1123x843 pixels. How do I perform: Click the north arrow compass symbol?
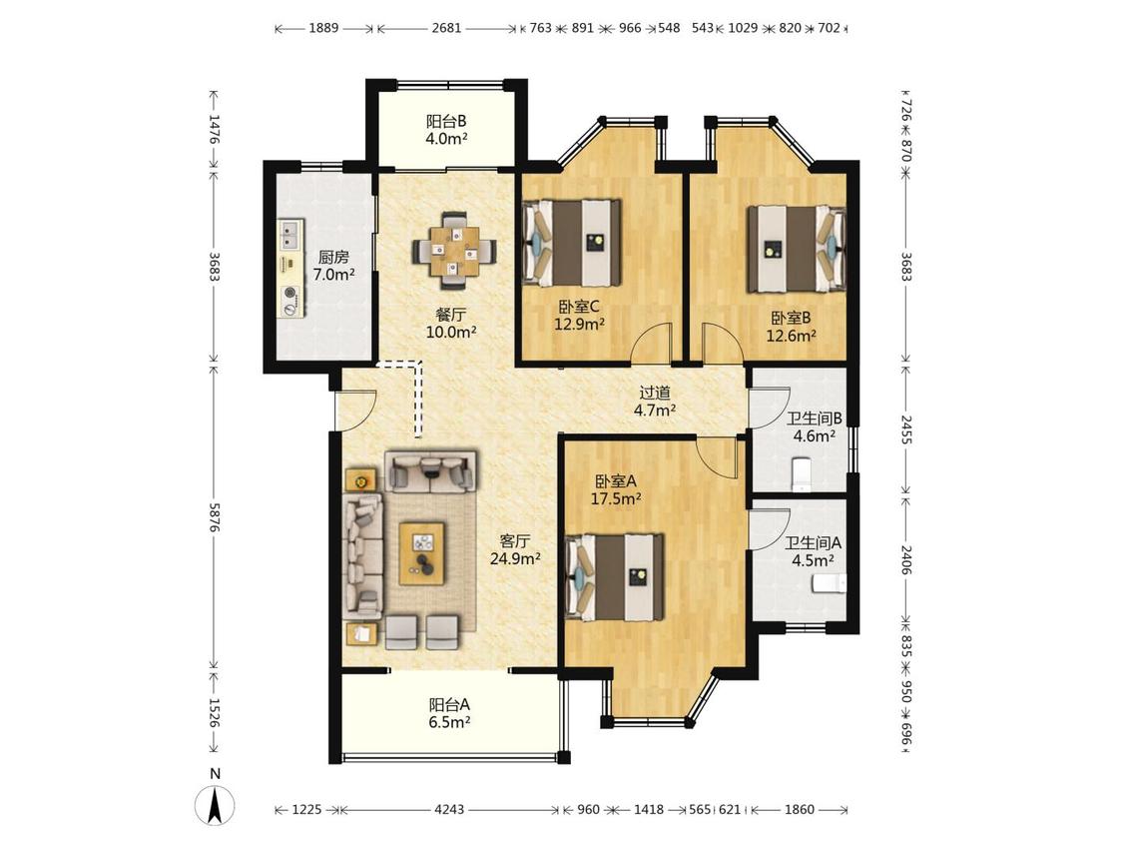pos(216,805)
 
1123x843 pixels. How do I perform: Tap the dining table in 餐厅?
pos(453,251)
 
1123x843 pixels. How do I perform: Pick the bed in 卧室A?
pos(615,577)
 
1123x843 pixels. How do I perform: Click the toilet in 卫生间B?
pos(803,474)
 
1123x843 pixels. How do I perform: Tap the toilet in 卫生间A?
pos(829,583)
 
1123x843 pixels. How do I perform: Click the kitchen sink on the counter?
pos(290,231)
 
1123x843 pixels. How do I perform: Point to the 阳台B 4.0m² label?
pos(446,130)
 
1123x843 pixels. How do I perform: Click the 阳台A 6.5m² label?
pos(449,713)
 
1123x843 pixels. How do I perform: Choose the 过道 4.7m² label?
pos(655,402)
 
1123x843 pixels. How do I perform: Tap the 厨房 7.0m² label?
pos(333,266)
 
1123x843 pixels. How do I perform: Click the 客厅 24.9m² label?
pos(515,549)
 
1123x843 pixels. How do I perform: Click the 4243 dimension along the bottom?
pos(449,809)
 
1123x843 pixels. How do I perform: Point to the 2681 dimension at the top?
pos(446,29)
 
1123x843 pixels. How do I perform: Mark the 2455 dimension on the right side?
pos(906,429)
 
